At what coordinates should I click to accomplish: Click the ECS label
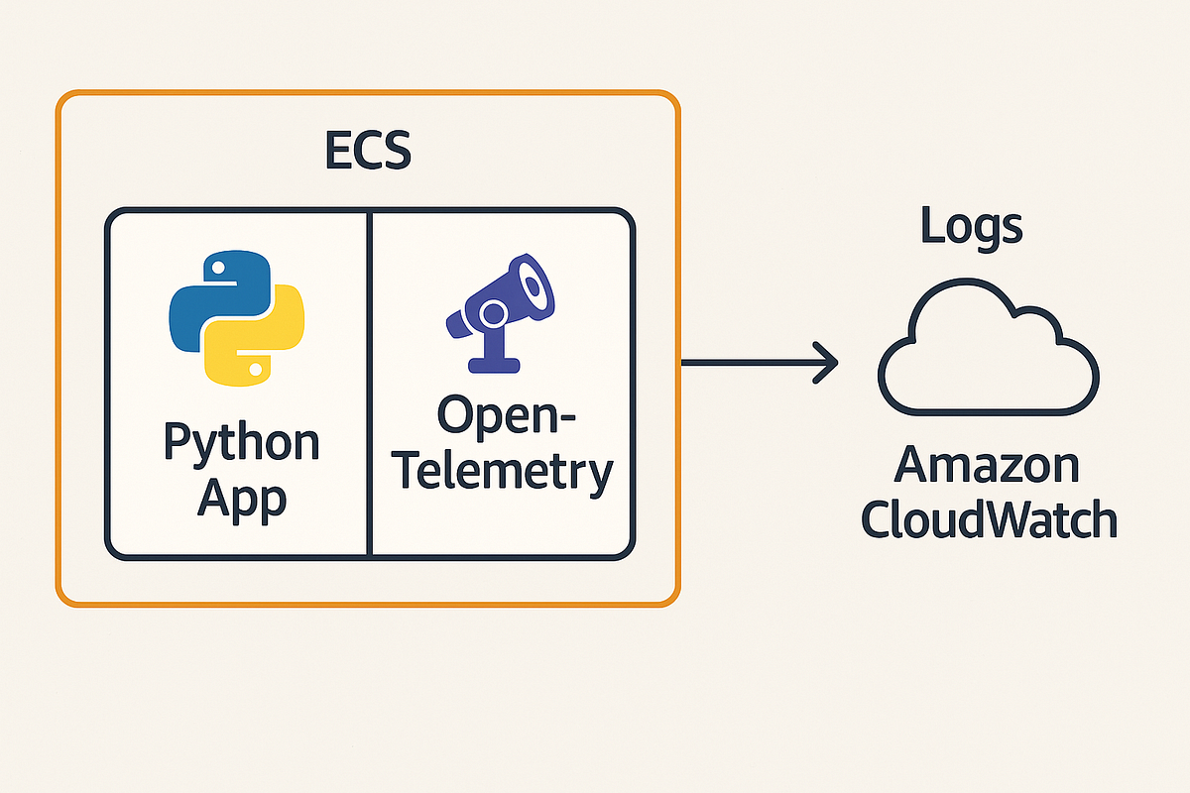368,151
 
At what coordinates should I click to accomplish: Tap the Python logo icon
236,316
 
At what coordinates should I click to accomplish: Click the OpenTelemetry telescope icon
499,308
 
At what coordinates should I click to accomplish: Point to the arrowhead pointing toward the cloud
825,363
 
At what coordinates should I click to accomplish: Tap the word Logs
971,226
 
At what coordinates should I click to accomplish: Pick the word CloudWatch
988,518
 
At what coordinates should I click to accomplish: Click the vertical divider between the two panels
369,382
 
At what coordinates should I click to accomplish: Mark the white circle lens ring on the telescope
493,315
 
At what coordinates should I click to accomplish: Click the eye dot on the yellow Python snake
257,368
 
